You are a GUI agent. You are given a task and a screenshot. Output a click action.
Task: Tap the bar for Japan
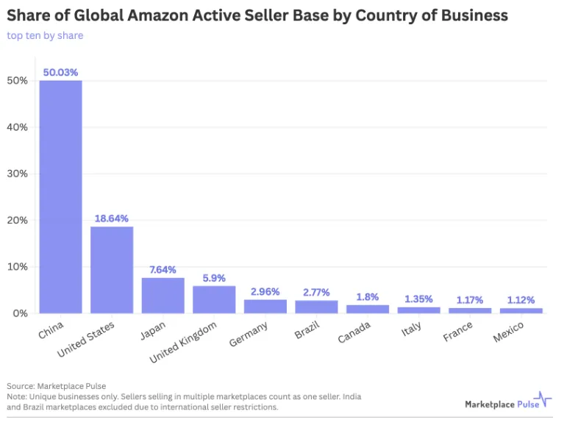click(x=163, y=295)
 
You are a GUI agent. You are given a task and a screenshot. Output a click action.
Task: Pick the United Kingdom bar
click(x=214, y=299)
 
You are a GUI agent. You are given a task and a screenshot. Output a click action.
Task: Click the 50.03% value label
click(x=60, y=72)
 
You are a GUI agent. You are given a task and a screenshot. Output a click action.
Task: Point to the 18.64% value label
click(x=112, y=218)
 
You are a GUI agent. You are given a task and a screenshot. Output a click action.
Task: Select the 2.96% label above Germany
click(x=265, y=291)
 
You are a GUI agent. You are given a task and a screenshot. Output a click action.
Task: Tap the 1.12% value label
click(x=521, y=299)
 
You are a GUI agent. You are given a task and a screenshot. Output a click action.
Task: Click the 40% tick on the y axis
click(x=18, y=127)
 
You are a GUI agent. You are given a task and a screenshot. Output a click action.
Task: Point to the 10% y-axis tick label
click(x=18, y=267)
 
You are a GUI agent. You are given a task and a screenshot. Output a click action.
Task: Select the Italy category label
click(x=412, y=329)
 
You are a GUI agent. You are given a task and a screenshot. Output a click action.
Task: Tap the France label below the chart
click(x=458, y=332)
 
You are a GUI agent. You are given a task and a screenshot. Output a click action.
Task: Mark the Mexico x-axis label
click(x=509, y=333)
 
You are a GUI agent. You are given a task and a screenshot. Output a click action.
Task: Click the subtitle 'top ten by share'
click(x=45, y=35)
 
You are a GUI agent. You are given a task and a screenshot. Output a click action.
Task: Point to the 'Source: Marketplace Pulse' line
click(x=56, y=385)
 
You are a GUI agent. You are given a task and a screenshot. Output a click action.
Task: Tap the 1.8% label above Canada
click(x=367, y=296)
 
